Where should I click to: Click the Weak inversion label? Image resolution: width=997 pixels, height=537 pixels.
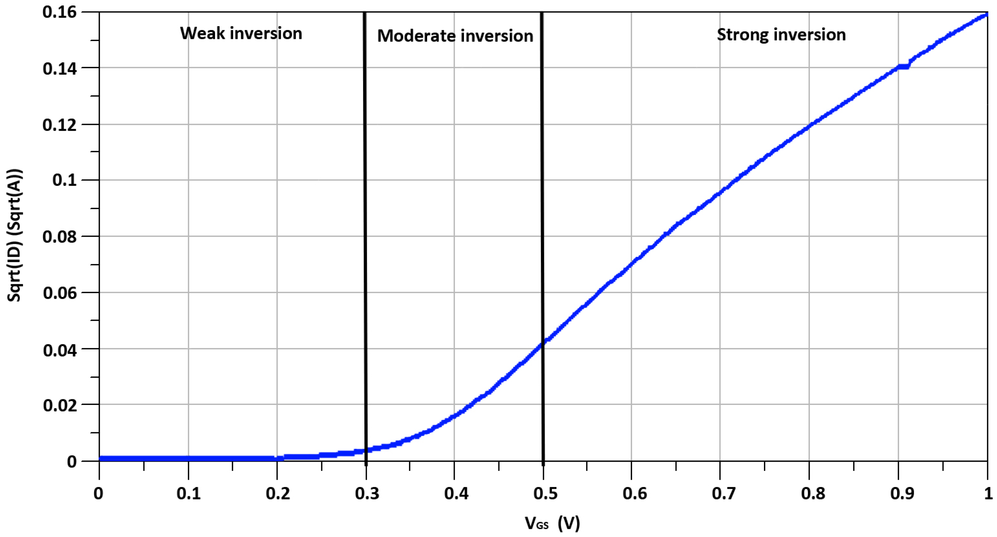241,33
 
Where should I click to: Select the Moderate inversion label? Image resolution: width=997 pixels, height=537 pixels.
455,36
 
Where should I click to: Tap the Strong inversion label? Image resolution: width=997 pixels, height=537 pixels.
781,35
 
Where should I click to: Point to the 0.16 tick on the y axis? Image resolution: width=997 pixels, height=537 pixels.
59,12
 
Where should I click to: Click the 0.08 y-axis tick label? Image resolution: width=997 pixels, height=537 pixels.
59,236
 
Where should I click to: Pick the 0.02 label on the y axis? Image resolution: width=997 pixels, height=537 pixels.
59,405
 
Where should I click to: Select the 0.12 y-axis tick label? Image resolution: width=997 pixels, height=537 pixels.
59,125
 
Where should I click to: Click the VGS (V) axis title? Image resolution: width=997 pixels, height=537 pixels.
552,524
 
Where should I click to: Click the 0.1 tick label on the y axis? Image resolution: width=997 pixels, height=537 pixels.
64,180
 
